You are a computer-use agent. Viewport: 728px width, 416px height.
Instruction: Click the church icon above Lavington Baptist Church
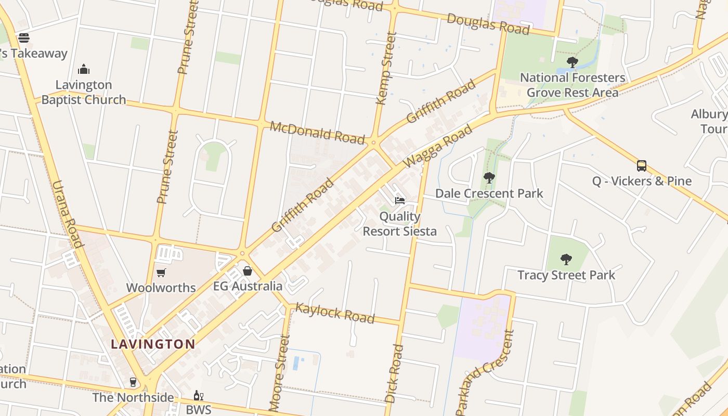pyautogui.click(x=84, y=69)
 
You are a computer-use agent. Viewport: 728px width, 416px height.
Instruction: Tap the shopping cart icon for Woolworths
pyautogui.click(x=161, y=272)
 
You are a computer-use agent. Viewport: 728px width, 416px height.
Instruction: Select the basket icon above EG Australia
pyautogui.click(x=248, y=271)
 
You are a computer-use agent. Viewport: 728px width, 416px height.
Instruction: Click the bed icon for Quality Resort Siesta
pyautogui.click(x=399, y=200)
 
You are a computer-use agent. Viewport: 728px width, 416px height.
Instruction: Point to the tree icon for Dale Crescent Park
pyautogui.click(x=489, y=178)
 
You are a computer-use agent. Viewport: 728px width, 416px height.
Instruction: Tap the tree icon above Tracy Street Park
pyautogui.click(x=566, y=259)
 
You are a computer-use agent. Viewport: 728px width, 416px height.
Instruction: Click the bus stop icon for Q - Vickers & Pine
pyautogui.click(x=642, y=166)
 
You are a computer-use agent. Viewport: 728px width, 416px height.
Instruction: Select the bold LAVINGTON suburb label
pyautogui.click(x=153, y=344)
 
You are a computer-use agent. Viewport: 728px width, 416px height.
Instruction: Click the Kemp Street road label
pyautogui.click(x=386, y=68)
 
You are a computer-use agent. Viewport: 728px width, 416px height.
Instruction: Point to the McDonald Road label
pyautogui.click(x=317, y=133)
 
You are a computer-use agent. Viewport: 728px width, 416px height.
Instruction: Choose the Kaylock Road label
pyautogui.click(x=335, y=313)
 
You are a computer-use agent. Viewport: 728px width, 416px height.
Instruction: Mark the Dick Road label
pyautogui.click(x=394, y=373)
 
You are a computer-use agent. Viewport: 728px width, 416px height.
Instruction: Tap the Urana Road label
pyautogui.click(x=68, y=214)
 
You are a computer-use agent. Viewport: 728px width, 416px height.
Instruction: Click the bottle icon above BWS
pyautogui.click(x=198, y=396)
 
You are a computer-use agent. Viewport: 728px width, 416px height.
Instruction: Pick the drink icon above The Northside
pyautogui.click(x=133, y=382)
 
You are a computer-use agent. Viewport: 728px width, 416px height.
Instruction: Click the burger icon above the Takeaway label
pyautogui.click(x=24, y=37)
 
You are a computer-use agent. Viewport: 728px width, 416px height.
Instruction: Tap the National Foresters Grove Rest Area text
pyautogui.click(x=573, y=85)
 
